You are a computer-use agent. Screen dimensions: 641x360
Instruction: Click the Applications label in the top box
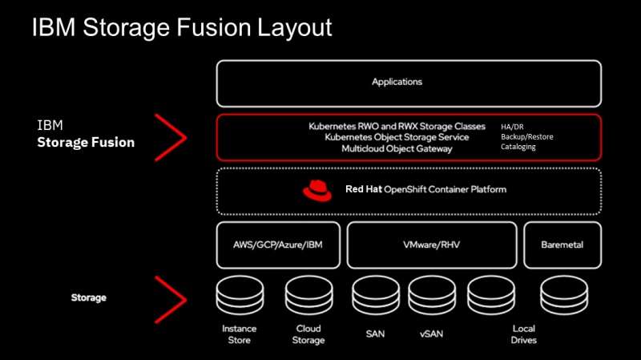point(397,82)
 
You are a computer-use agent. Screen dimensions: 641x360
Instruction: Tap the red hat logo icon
point(317,191)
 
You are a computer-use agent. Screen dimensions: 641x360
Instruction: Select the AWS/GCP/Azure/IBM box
point(278,245)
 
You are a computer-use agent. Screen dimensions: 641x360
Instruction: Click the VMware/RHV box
point(432,245)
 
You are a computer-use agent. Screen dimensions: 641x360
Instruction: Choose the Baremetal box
point(562,245)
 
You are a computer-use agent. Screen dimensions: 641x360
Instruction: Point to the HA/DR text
point(512,127)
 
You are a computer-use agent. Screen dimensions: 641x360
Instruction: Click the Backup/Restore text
point(527,136)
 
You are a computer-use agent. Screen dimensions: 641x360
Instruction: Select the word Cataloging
point(518,147)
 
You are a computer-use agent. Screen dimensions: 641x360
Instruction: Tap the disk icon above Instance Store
point(240,295)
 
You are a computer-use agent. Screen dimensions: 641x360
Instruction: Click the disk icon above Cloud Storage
point(308,295)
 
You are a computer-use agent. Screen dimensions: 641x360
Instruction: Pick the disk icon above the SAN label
point(375,295)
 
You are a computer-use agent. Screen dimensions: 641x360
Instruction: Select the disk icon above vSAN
point(432,295)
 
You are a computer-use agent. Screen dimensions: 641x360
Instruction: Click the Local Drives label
point(524,334)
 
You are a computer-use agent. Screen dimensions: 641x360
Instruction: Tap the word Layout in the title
point(294,28)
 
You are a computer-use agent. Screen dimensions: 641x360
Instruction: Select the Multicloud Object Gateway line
point(397,149)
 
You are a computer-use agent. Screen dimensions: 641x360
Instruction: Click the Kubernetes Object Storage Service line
point(397,137)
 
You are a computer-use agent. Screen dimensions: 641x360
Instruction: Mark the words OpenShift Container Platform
point(445,189)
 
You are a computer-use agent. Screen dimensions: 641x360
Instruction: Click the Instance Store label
point(239,334)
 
